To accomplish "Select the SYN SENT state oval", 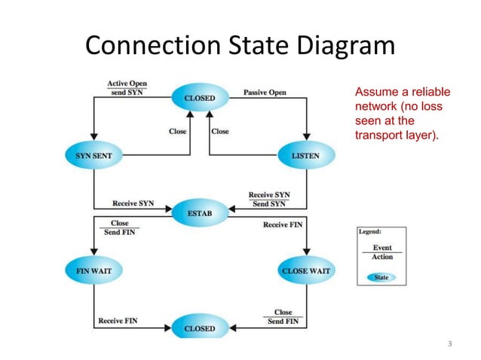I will (x=93, y=156).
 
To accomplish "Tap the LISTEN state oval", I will (x=305, y=156).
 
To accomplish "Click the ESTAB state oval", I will (x=199, y=213).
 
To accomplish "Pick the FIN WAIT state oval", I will (x=93, y=270).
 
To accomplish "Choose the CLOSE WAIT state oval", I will (x=305, y=270).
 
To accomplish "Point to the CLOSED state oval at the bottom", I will (x=199, y=328).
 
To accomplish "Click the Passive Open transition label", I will (x=265, y=93).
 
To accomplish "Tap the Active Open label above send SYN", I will (x=127, y=84).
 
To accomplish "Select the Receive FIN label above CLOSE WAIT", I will (x=283, y=224).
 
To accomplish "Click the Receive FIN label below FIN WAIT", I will (x=117, y=321).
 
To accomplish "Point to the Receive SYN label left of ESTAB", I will (x=133, y=203).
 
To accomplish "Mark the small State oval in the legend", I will (x=381, y=277).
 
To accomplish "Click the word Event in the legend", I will (x=382, y=248).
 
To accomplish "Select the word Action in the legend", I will (x=382, y=257).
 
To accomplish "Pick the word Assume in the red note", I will (x=375, y=93).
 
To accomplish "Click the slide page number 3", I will (x=449, y=344).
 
